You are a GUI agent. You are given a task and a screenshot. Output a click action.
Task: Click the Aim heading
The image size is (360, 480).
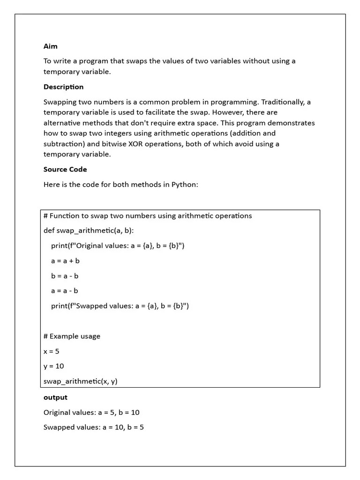point(51,46)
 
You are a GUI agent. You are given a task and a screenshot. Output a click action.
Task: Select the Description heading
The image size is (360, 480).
point(63,87)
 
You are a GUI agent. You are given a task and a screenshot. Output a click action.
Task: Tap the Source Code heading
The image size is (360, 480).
point(65,169)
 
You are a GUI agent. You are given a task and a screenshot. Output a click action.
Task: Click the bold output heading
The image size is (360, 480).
point(55,397)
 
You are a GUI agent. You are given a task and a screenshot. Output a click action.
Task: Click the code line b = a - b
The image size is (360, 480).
point(65,276)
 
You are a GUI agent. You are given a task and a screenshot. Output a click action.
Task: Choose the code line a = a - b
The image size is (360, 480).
point(65,291)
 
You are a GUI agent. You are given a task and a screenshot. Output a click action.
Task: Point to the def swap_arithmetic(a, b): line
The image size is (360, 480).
point(91,230)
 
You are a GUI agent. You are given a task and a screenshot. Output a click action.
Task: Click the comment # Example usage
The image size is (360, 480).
point(72,336)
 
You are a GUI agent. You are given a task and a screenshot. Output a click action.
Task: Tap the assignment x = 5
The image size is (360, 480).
point(52,351)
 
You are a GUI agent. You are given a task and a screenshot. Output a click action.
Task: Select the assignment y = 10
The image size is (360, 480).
point(53,366)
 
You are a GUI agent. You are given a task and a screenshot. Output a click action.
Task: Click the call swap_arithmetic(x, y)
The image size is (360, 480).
point(80,381)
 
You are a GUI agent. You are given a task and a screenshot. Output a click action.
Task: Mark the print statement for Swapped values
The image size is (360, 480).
point(120,306)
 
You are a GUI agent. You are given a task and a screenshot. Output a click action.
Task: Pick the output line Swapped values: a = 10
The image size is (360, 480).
point(94,427)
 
